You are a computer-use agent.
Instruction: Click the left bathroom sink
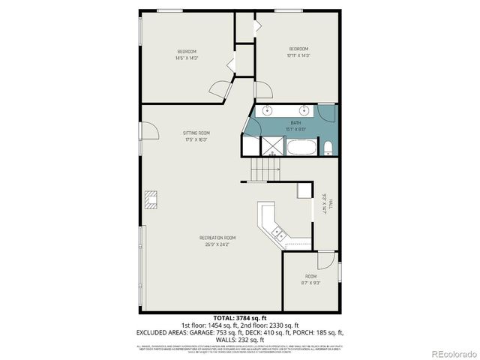coord(268,111)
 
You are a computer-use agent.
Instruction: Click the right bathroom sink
coord(305,111)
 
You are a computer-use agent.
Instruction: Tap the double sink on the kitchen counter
coord(278,235)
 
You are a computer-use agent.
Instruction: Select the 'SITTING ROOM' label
coord(196,133)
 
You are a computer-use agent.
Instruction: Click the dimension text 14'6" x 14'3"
coord(186,58)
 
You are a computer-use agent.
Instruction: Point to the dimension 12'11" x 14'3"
coord(298,55)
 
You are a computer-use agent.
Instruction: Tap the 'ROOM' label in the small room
coord(310,277)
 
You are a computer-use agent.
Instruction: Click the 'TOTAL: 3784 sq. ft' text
coord(240,319)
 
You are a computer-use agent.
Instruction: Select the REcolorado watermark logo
coord(448,352)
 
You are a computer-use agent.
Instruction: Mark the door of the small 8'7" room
coord(325,260)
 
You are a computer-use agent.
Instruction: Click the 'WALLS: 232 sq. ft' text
coord(240,339)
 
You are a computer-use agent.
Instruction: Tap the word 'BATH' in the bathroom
coord(295,122)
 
